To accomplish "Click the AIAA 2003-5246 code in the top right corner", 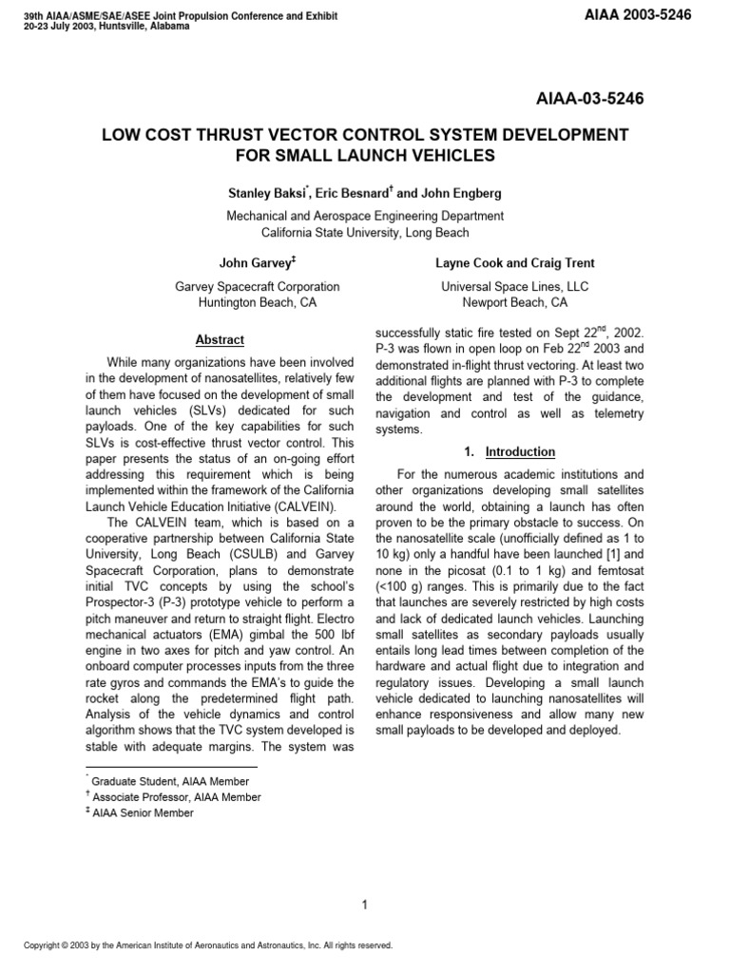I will (x=637, y=15).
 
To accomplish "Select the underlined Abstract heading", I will (x=220, y=339).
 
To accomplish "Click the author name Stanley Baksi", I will (x=257, y=194).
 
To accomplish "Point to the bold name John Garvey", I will (x=254, y=262).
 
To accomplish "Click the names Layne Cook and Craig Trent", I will (x=514, y=262).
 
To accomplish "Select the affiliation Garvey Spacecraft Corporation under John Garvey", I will (x=258, y=286).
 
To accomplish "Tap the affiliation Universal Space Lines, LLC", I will (x=514, y=286).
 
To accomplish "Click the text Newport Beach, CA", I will (x=514, y=303).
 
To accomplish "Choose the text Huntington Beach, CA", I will (x=258, y=303).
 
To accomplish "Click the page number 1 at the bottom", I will (x=365, y=879).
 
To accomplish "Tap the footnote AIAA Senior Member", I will (x=143, y=813).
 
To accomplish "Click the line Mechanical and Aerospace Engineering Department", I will (x=365, y=216).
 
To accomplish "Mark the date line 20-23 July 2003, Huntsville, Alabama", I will (x=106, y=27).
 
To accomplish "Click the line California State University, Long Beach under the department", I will (x=365, y=233).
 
